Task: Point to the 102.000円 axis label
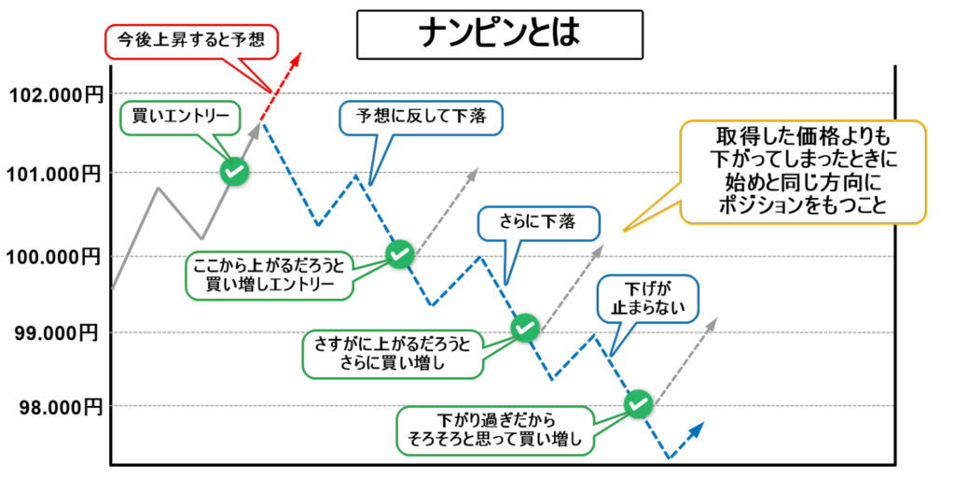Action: pyautogui.click(x=54, y=94)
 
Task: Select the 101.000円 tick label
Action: pyautogui.click(x=54, y=174)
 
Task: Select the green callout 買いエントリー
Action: pyautogui.click(x=181, y=116)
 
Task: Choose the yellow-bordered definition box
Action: pyautogui.click(x=804, y=171)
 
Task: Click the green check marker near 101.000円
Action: pyautogui.click(x=234, y=171)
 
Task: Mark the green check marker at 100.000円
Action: pyautogui.click(x=399, y=252)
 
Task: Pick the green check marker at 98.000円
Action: pyautogui.click(x=639, y=403)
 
